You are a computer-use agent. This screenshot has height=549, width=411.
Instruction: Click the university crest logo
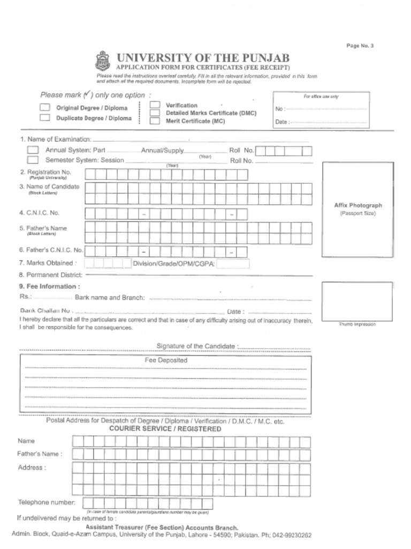[102, 61]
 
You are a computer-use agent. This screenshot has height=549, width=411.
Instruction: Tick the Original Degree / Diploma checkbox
[45, 107]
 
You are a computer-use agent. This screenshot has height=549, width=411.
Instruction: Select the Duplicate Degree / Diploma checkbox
[45, 117]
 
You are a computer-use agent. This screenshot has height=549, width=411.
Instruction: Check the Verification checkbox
[155, 105]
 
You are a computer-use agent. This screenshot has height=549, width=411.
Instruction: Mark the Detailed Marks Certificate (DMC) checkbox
[155, 113]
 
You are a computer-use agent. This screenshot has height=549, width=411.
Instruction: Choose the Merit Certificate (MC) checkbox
[155, 121]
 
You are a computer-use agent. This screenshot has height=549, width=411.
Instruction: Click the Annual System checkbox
[33, 150]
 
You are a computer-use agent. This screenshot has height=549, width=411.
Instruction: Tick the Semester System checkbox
[33, 160]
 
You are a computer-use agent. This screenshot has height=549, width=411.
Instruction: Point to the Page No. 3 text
[360, 46]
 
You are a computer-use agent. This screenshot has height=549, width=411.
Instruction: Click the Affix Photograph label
[358, 205]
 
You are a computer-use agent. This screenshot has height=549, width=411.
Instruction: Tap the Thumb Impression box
[357, 301]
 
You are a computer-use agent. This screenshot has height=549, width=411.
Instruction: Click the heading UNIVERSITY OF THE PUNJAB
[203, 57]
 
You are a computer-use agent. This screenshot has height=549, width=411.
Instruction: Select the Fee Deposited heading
[166, 360]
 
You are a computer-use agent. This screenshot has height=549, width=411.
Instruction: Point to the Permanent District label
[50, 274]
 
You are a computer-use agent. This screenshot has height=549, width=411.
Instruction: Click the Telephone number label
[47, 502]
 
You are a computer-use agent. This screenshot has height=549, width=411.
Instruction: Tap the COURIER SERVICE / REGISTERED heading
[165, 429]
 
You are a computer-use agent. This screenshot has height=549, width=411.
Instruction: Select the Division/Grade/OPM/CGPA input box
[233, 263]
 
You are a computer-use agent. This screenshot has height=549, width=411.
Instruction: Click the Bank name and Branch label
[110, 297]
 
